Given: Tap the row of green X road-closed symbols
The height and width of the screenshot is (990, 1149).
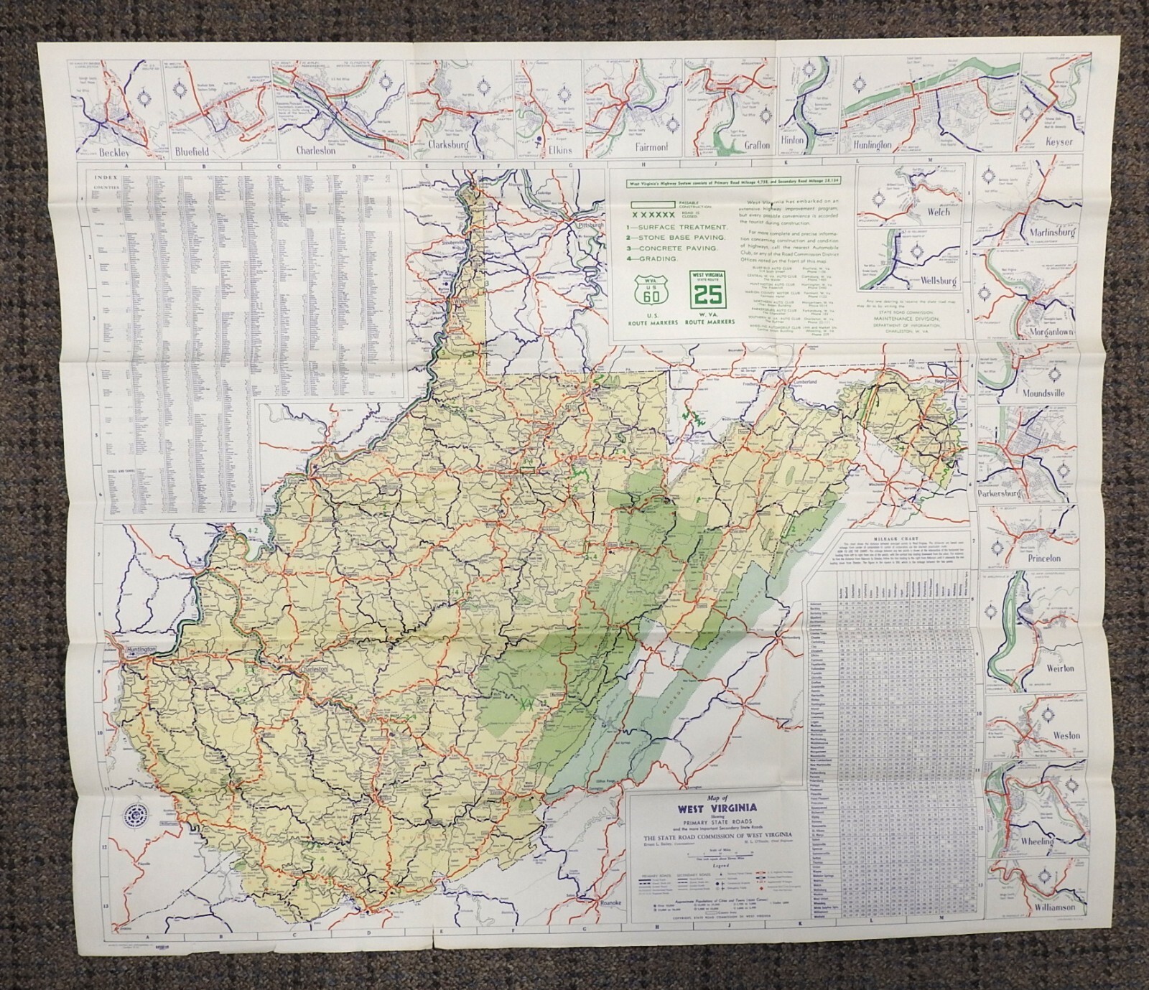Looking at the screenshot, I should pyautogui.click(x=651, y=214).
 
